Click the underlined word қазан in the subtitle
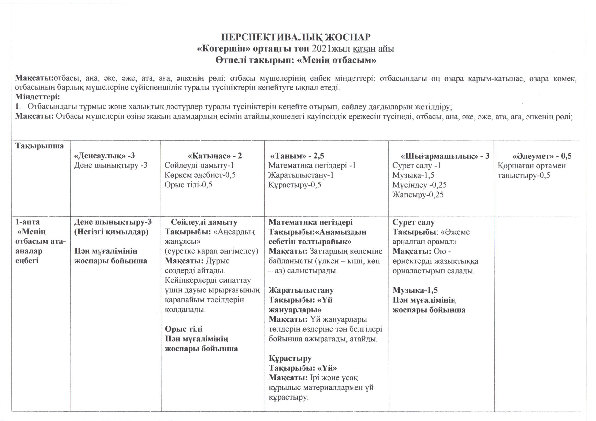365,49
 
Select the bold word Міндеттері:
38,97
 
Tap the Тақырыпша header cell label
40,146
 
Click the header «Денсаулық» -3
104,156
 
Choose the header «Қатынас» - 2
215,156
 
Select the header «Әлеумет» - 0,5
542,156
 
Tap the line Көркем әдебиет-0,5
200,175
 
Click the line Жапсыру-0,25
418,194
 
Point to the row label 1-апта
28,222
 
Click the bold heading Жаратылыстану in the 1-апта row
301,290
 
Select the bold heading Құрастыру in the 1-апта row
290,358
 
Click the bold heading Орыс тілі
184,329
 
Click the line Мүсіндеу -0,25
419,185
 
